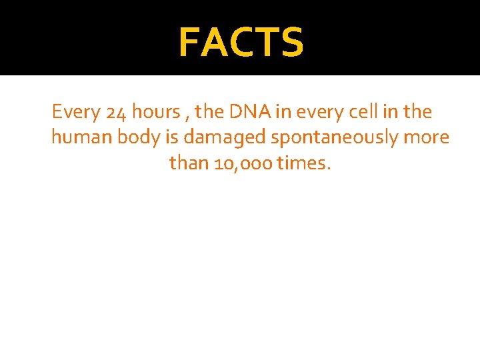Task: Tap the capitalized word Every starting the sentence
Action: pyautogui.click(x=75, y=112)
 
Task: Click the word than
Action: pyautogui.click(x=189, y=163)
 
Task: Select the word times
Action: pyautogui.click(x=303, y=163)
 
